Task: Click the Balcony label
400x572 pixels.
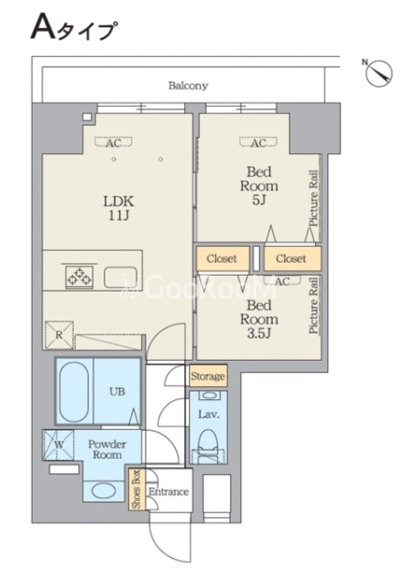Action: [188, 86]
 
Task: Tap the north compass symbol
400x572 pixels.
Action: [379, 73]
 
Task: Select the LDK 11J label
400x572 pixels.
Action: [119, 208]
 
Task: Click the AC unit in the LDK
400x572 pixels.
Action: [113, 142]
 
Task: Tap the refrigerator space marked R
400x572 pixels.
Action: [59, 335]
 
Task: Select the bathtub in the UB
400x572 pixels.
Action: [74, 392]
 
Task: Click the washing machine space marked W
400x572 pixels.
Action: [58, 445]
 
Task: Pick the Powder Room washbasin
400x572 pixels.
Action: [104, 491]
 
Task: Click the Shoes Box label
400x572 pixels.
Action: [136, 490]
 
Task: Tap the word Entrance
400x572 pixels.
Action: [168, 492]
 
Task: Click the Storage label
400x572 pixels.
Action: [207, 376]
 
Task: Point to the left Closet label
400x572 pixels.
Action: [221, 259]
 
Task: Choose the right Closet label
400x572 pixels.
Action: [291, 259]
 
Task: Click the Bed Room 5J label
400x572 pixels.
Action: [259, 186]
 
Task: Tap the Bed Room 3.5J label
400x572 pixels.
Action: [259, 320]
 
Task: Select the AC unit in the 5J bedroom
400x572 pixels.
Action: [258, 142]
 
